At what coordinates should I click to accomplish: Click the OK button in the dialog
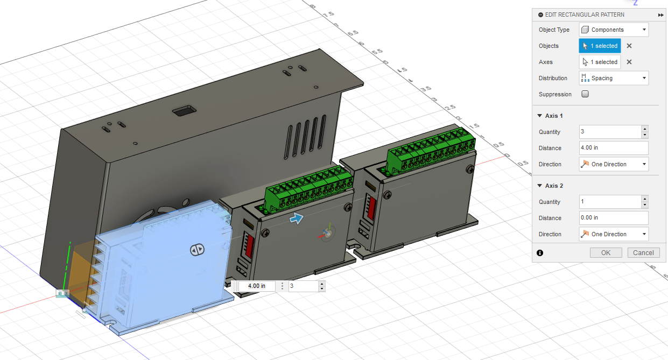606,252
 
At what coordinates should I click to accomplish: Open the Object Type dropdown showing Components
614,30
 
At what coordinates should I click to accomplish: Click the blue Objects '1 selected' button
600,46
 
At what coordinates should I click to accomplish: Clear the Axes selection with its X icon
629,62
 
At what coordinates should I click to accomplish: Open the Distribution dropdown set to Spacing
614,78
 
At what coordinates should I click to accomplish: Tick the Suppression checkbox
585,94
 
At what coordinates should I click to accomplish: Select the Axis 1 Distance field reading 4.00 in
613,148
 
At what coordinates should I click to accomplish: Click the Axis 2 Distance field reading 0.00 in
613,218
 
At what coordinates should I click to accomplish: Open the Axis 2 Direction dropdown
614,234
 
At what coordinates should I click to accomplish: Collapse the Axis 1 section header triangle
540,116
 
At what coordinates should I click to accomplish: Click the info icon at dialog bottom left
540,252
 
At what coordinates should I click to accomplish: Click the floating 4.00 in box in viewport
256,286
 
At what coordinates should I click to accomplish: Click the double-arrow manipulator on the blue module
196,250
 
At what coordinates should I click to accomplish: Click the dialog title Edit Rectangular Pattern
585,15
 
